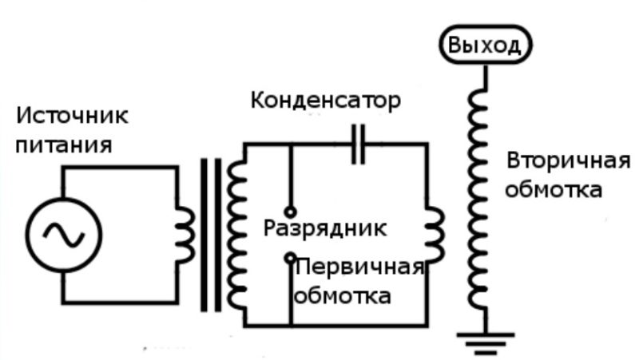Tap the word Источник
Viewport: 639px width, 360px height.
point(72,116)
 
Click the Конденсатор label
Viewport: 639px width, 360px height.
point(325,101)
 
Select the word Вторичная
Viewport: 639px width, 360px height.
point(568,160)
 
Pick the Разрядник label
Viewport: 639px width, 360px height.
point(325,227)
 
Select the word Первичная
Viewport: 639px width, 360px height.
point(359,266)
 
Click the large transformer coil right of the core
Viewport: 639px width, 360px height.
point(236,235)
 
